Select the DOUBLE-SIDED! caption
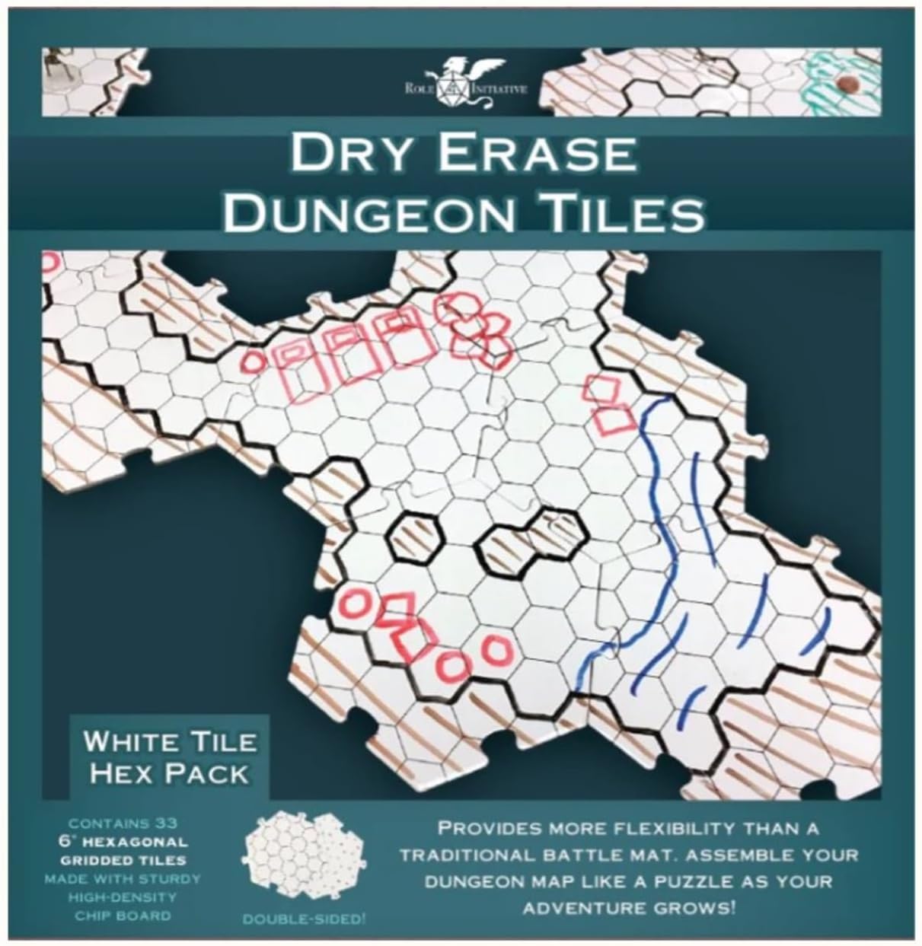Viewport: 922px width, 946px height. pos(305,919)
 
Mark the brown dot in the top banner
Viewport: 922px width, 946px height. pos(844,81)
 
